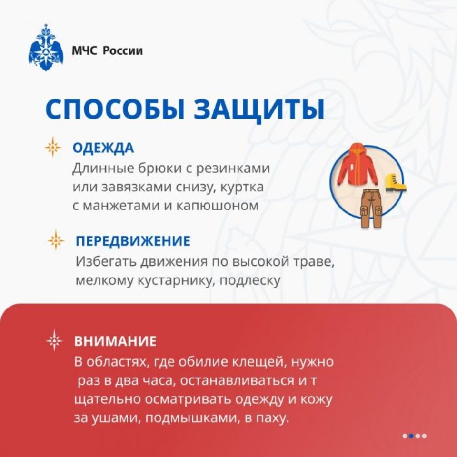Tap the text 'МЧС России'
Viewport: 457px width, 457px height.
click(x=107, y=51)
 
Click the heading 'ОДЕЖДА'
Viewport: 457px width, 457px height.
click(x=103, y=148)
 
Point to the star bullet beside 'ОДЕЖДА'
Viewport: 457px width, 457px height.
click(x=53, y=147)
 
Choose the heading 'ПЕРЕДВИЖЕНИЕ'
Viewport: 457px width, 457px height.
click(x=133, y=241)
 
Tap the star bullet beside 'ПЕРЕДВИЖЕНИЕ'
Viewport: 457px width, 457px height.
click(x=56, y=240)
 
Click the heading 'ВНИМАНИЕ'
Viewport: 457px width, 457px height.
click(x=115, y=341)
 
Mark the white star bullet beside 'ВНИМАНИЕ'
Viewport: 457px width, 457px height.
click(x=54, y=341)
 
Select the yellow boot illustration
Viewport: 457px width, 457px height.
click(x=395, y=182)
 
